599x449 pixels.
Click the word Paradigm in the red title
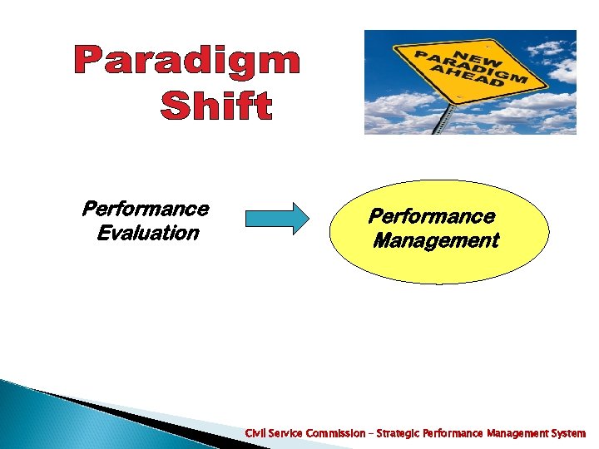[186, 62]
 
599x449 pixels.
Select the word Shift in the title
[215, 106]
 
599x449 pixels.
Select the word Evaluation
[147, 233]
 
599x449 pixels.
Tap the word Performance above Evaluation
[145, 208]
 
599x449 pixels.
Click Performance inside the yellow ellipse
[432, 217]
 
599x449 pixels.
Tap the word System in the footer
[568, 433]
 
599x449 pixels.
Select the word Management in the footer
[515, 433]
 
